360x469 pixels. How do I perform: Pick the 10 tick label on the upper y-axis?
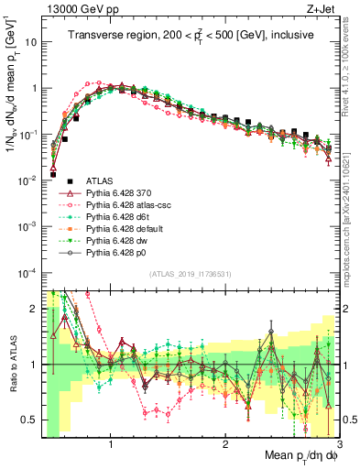pyautogui.click(x=29, y=42)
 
